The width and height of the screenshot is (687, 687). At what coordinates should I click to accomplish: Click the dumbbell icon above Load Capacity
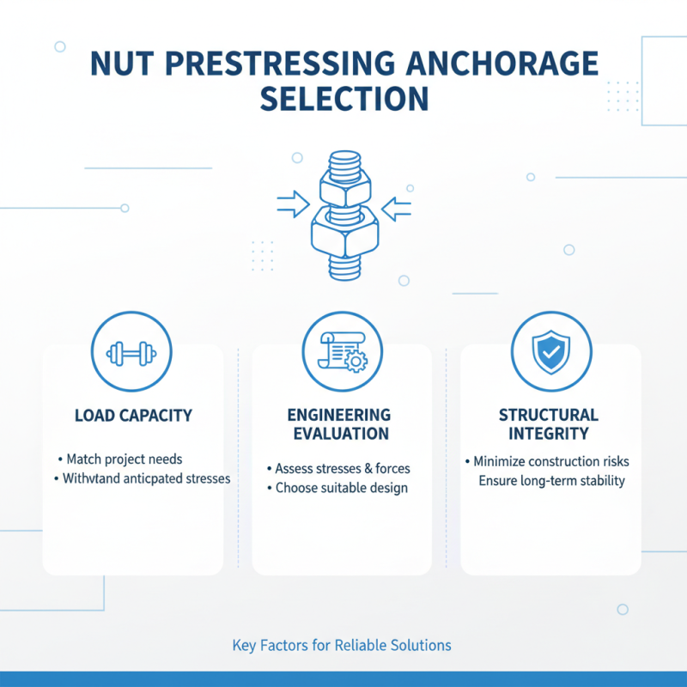click(131, 352)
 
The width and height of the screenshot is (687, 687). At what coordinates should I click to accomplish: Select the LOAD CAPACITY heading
click(133, 416)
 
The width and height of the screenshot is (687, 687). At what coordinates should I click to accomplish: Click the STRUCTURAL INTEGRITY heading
click(550, 425)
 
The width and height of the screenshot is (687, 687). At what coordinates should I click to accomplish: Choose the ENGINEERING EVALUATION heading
click(339, 425)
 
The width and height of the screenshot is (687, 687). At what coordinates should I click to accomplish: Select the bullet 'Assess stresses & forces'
click(343, 469)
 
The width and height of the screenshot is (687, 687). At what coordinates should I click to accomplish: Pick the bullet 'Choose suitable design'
click(341, 488)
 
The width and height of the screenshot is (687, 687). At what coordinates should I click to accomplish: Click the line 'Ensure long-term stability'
click(551, 480)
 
